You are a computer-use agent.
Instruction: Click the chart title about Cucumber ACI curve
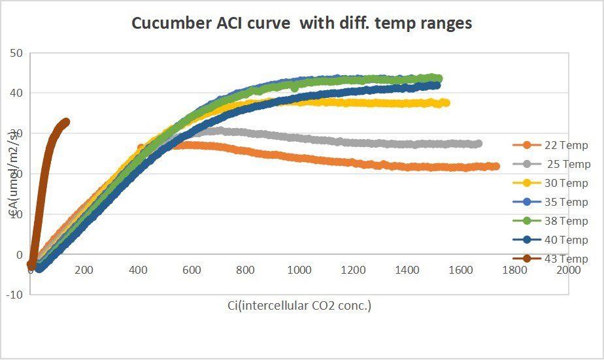pos(301,23)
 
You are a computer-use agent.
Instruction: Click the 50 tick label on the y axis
pos(17,53)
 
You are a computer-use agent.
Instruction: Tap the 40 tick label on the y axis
pos(17,93)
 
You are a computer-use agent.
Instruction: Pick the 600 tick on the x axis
pos(192,269)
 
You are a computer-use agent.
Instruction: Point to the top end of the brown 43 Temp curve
pos(65,122)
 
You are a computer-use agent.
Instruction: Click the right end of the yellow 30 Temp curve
pos(446,103)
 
